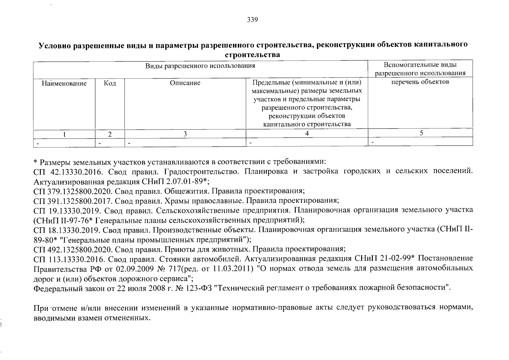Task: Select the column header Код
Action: pos(110,83)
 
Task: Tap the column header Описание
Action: pos(185,83)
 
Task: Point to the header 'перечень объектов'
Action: pos(420,82)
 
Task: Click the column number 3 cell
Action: pos(185,134)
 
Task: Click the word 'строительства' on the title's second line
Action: pos(253,55)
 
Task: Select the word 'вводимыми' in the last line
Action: pos(51,317)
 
